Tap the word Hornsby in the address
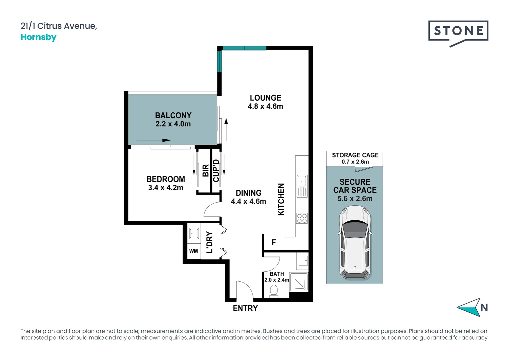click(38, 37)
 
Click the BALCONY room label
click(173, 116)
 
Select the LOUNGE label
click(265, 98)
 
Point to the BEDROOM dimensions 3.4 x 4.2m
click(166, 188)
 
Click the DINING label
click(249, 193)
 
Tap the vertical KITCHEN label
click(281, 199)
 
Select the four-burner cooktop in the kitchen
click(302, 218)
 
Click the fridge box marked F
click(273, 242)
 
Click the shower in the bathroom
click(299, 282)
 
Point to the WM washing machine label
click(194, 251)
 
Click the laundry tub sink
click(194, 234)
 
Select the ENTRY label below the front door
click(246, 308)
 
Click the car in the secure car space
click(355, 243)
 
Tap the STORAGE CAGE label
click(355, 155)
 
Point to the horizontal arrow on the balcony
click(153, 140)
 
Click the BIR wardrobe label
click(206, 171)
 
